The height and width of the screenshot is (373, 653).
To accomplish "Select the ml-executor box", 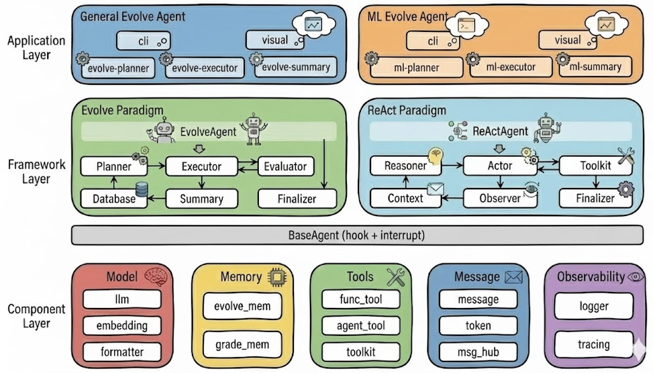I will click(511, 67).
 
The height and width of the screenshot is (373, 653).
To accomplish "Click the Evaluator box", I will click(285, 166).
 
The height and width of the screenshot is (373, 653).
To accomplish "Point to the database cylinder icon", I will click(142, 190).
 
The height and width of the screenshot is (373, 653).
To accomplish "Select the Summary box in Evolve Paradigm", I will click(201, 198).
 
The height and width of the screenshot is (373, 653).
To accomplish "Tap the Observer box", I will click(500, 198).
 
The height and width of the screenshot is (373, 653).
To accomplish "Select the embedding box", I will click(122, 326).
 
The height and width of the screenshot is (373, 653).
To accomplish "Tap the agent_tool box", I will click(361, 326).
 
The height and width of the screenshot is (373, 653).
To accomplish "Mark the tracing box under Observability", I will click(593, 345).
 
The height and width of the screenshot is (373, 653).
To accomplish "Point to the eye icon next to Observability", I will click(635, 277).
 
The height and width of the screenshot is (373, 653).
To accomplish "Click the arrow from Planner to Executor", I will click(156, 167).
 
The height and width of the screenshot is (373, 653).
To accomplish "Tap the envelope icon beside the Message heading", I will click(513, 277).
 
